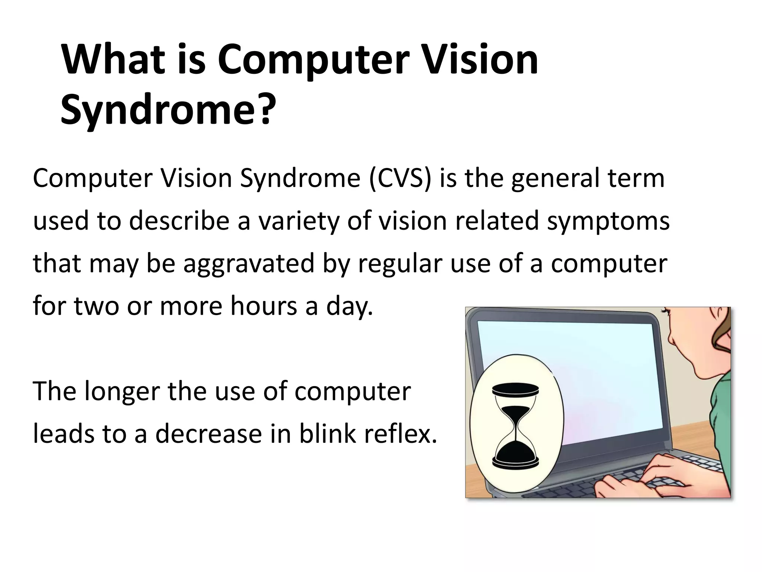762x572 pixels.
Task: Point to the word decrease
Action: [x=208, y=434]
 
